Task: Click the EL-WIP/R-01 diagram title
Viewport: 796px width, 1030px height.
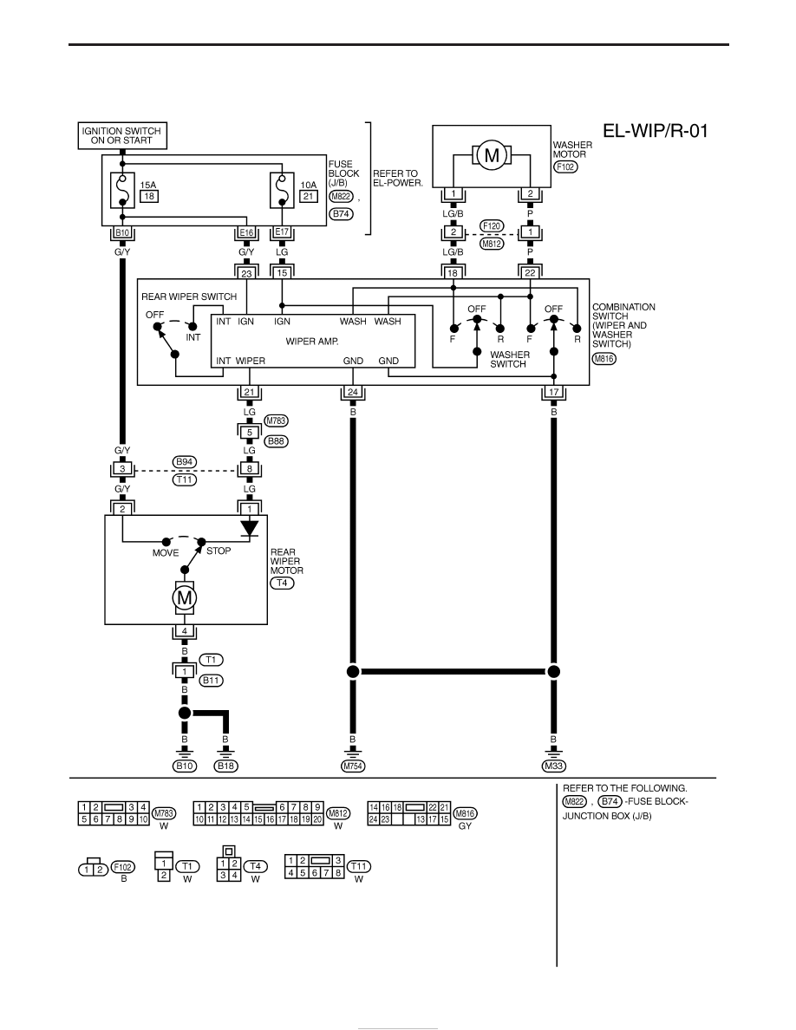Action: [656, 131]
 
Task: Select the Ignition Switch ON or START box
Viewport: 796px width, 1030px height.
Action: [121, 136]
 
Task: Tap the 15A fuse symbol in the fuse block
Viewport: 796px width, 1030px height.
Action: [122, 190]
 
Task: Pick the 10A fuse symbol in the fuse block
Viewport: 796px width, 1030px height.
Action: [283, 190]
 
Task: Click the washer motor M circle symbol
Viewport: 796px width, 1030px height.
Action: [492, 156]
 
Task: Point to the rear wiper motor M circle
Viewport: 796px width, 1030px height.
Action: [185, 597]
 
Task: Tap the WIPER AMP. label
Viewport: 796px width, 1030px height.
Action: [312, 342]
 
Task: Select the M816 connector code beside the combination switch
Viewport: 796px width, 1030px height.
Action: [604, 359]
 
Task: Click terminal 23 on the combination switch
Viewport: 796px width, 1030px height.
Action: [246, 273]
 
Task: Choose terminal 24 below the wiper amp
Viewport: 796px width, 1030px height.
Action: [353, 392]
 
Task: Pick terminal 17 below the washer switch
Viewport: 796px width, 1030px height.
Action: [554, 392]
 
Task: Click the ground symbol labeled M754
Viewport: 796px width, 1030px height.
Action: [353, 753]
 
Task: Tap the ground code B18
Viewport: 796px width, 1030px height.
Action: [226, 766]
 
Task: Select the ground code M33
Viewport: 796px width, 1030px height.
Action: [554, 766]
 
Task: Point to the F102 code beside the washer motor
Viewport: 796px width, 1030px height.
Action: [565, 166]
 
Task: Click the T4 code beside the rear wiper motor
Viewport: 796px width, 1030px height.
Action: [282, 583]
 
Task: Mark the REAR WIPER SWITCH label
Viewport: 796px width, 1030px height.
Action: [189, 297]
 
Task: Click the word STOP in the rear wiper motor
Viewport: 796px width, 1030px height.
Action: [219, 551]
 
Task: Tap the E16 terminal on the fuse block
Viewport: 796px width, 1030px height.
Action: [246, 232]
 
